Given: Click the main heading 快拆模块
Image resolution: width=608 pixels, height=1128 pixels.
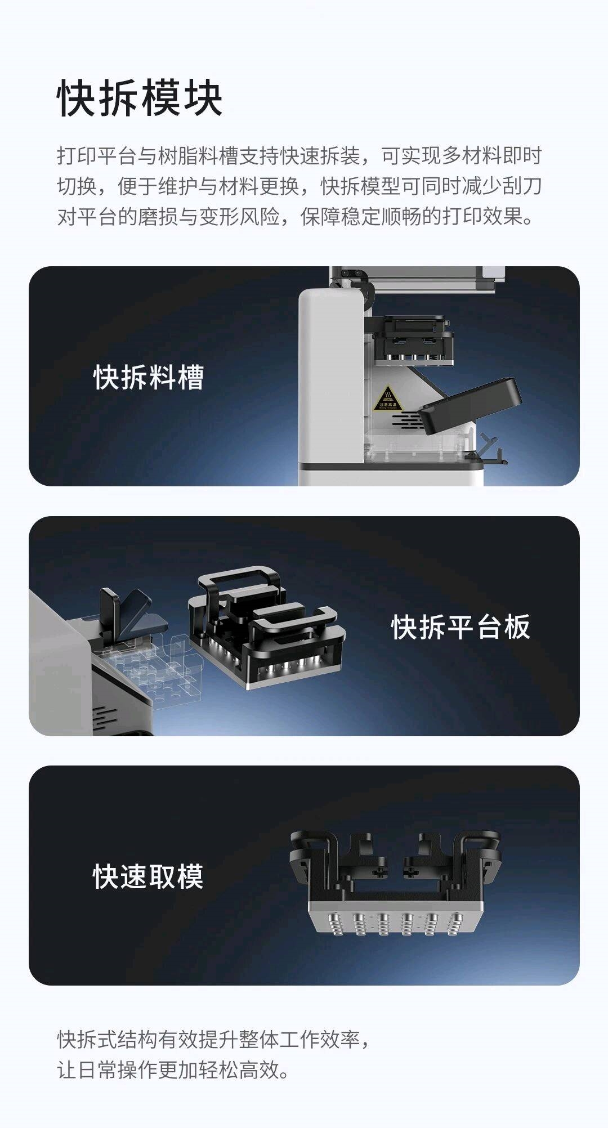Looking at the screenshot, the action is [x=140, y=98].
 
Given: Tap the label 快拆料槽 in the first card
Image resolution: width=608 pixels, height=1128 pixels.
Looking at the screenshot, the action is [x=149, y=377].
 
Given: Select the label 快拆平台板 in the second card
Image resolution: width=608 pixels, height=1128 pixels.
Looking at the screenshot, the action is [x=461, y=626].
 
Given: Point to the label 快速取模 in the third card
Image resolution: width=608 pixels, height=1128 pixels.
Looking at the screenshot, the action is [x=148, y=876].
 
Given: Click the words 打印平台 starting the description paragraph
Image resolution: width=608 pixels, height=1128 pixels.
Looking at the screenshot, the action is [x=97, y=156].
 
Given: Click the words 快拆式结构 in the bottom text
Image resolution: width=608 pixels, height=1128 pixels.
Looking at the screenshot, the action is [x=108, y=1040].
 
